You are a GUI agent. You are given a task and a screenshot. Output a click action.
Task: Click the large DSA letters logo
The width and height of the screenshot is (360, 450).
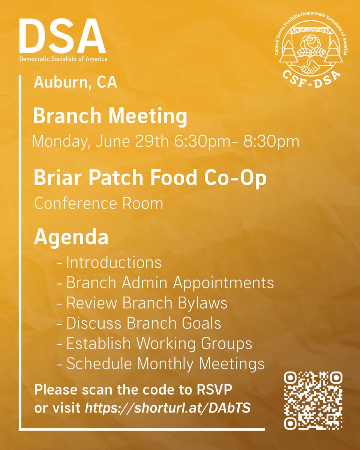click(x=63, y=36)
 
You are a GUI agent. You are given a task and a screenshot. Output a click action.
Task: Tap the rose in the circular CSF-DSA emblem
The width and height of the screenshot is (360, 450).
click(x=310, y=45)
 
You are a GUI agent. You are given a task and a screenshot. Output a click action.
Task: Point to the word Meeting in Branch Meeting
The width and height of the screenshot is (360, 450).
click(x=148, y=116)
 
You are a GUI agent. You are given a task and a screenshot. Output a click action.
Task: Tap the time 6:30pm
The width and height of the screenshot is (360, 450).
click(x=202, y=142)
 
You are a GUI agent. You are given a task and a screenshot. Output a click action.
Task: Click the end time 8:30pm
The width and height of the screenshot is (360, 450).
click(x=271, y=142)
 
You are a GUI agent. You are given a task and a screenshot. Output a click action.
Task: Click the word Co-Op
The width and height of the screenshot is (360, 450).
click(x=235, y=178)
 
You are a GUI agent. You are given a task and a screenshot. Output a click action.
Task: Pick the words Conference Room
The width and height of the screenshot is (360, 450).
click(x=99, y=204)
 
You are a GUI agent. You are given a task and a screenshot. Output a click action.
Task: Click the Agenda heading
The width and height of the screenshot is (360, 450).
click(x=71, y=237)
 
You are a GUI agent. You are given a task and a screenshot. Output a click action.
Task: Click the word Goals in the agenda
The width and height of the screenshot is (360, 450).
click(x=201, y=323)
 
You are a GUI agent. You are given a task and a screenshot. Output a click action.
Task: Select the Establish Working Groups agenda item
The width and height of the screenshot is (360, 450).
click(x=154, y=344)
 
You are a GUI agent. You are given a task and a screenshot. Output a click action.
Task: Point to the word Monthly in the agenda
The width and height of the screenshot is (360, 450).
click(x=165, y=364)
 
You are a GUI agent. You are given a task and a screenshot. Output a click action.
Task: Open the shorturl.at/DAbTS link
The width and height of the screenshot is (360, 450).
click(x=168, y=408)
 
